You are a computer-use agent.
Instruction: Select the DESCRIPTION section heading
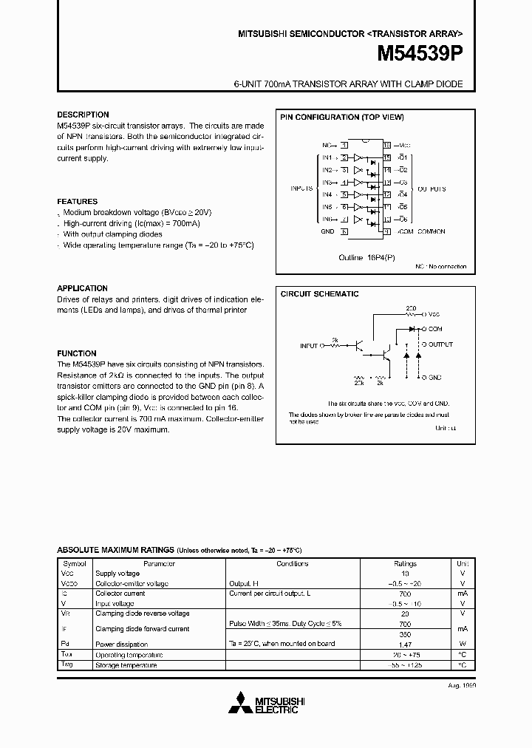pos(83,115)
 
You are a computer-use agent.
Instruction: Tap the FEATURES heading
pos(78,201)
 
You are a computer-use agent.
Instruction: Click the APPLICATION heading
pos(83,288)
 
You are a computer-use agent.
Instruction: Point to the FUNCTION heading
pos(77,353)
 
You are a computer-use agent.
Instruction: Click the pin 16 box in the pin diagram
pos(386,146)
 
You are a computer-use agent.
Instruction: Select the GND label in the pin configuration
pos(327,231)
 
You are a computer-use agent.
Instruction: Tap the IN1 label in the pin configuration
pos(326,158)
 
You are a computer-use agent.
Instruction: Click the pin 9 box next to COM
pos(386,231)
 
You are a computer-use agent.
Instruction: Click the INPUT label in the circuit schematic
pos(309,345)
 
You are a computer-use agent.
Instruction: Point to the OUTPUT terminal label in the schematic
pos(440,344)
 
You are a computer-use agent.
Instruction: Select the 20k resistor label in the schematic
pos(358,384)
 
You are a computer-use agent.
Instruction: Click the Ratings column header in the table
pos(405,563)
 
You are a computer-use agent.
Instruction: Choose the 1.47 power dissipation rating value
pos(405,644)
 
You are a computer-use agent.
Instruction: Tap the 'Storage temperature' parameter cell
pos(126,665)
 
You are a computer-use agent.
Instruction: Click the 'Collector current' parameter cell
pos(120,593)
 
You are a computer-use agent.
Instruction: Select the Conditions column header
pos(293,563)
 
